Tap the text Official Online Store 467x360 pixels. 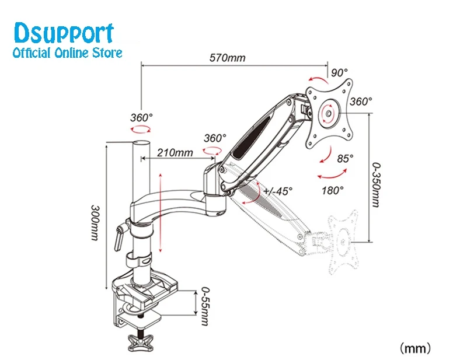point(67,53)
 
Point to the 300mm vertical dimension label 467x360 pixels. point(95,225)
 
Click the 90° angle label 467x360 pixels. point(339,73)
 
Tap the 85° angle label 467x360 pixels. point(346,158)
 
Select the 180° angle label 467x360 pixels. point(332,189)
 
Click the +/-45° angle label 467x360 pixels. point(277,191)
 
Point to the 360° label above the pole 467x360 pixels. point(141,117)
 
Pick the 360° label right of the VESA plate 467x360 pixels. point(361,101)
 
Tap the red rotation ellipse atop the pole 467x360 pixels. point(141,132)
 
